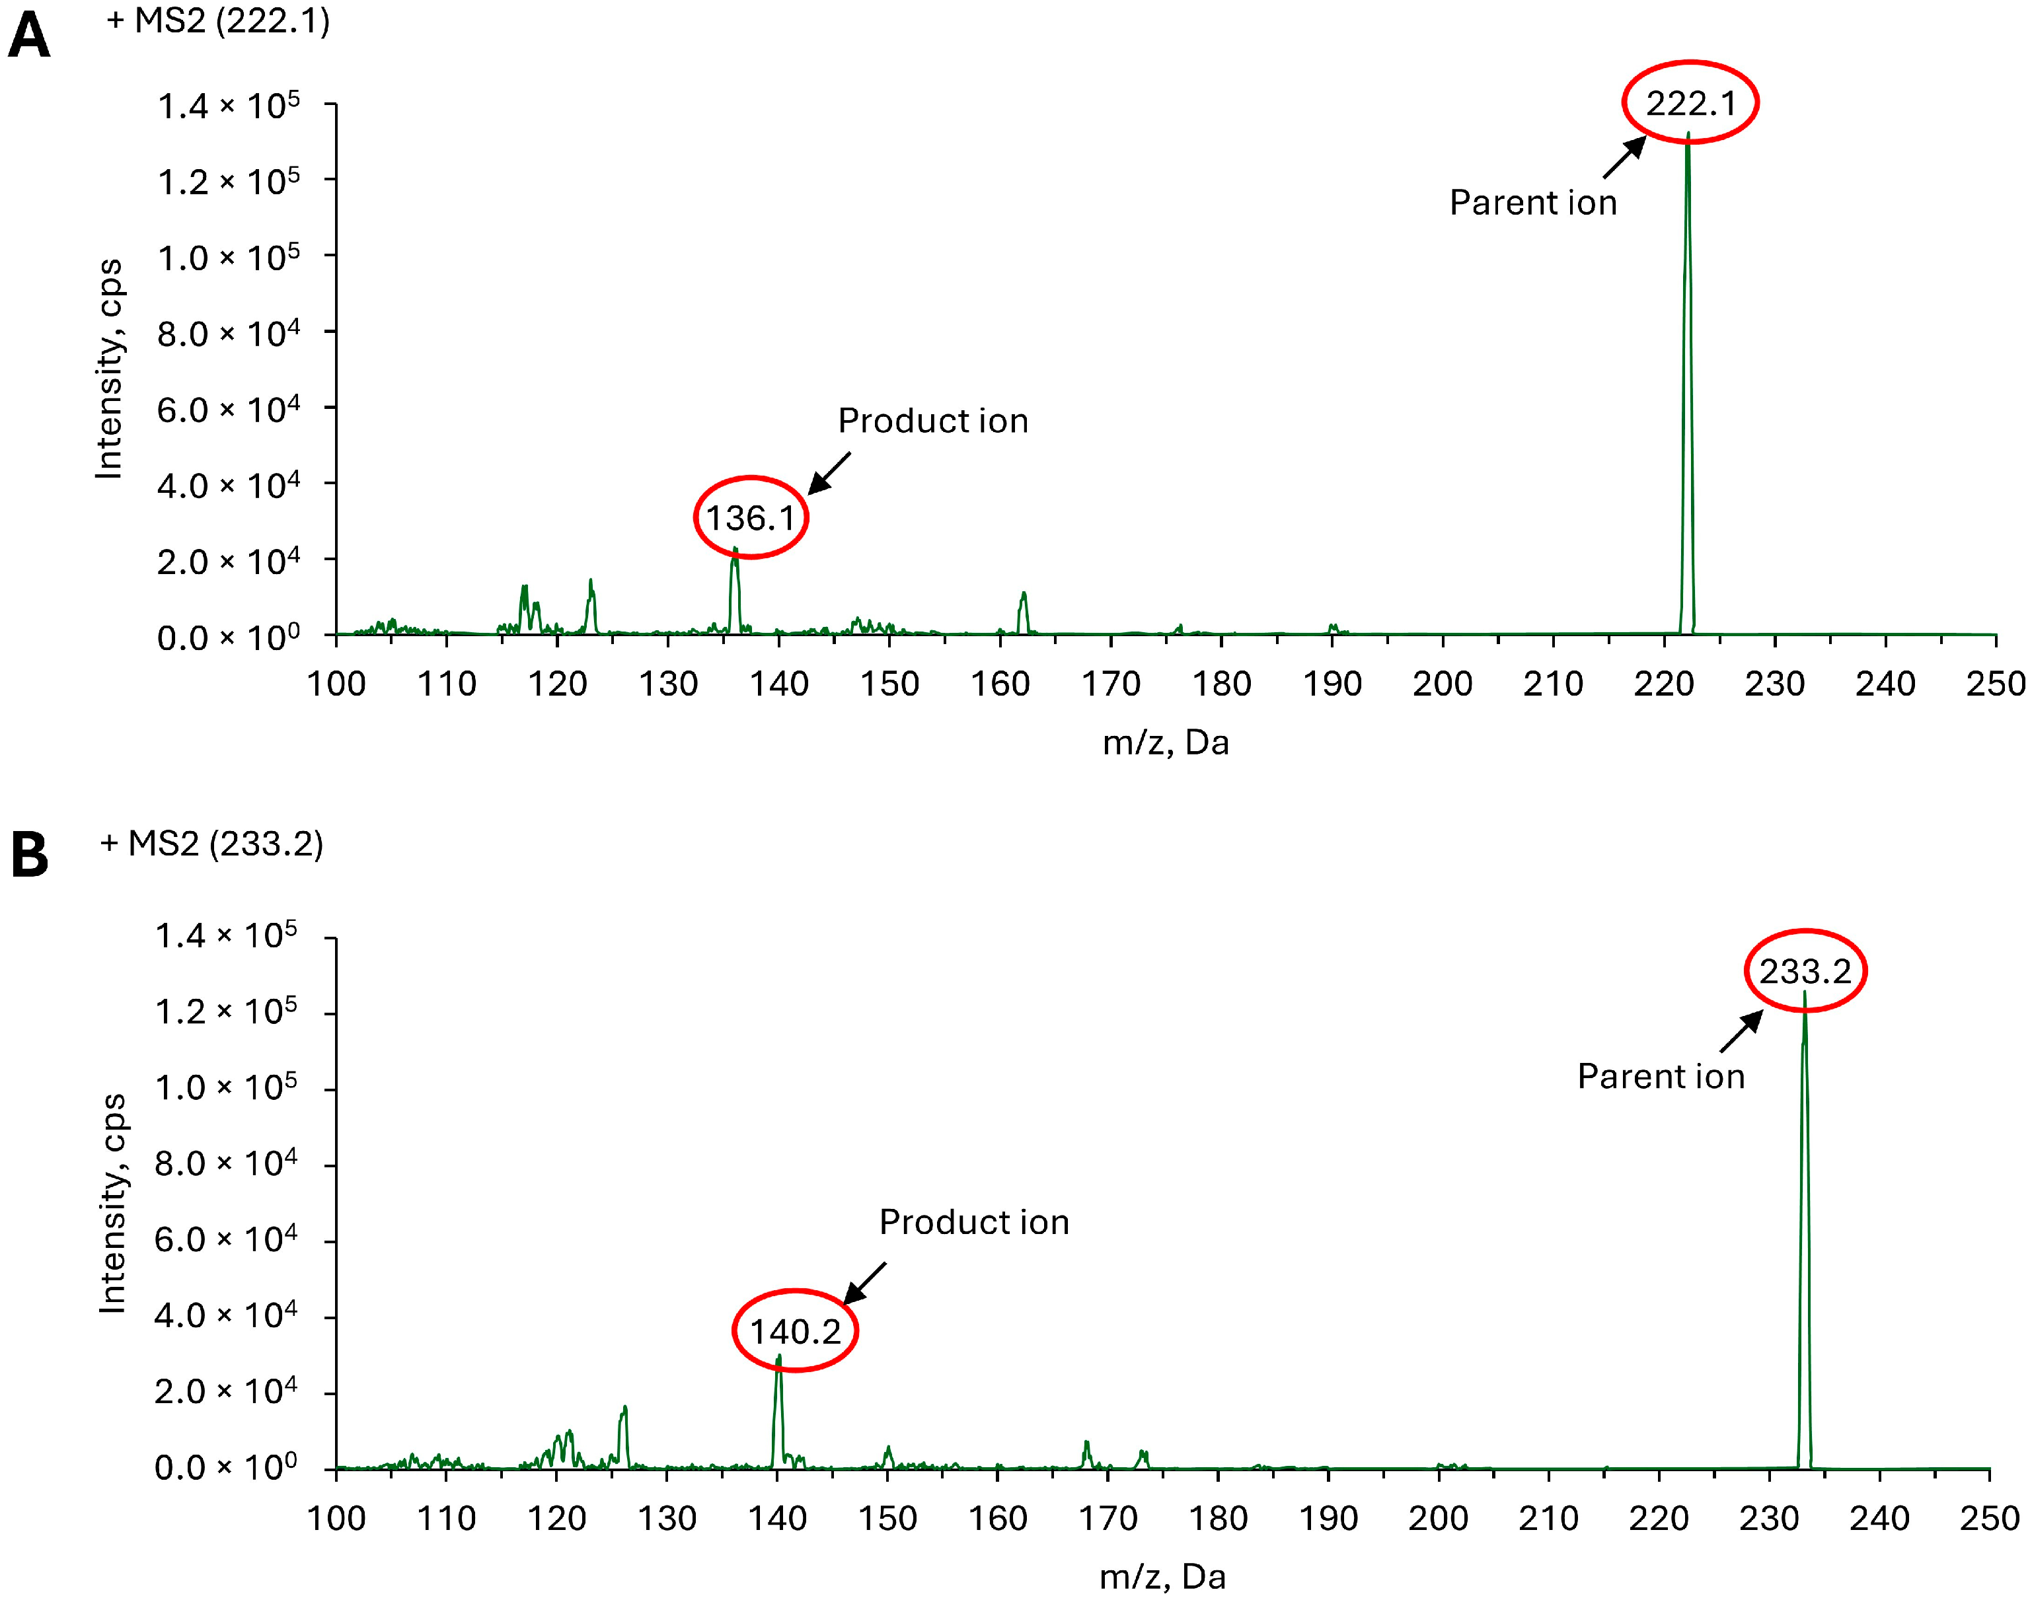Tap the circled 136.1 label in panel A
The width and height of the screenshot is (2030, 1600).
751,517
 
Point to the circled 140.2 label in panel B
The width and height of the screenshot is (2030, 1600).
794,1330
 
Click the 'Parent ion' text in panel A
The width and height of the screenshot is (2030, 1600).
1532,202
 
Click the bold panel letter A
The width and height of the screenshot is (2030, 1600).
28,38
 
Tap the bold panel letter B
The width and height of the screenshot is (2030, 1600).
29,855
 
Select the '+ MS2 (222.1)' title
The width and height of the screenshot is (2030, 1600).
218,20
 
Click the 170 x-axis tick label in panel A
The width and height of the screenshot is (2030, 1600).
1110,684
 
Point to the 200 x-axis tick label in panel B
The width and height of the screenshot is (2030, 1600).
1438,1517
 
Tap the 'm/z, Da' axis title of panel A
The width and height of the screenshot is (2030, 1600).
1166,742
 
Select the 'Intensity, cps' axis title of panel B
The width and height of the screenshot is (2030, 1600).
112,1204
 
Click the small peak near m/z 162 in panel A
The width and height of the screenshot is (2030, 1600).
1024,609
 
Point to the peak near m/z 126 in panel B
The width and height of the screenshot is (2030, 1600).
624,1434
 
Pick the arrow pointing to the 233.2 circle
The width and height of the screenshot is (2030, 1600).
1741,1033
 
